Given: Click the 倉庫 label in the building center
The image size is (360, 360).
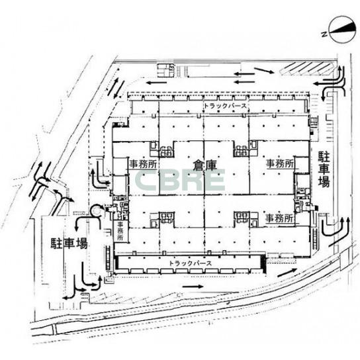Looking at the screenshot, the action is coord(204,165).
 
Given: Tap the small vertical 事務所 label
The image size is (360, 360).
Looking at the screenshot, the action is coord(120,231).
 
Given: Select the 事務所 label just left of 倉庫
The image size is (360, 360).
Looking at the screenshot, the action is coord(143,164).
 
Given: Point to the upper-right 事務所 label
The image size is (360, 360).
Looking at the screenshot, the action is coord(280,164).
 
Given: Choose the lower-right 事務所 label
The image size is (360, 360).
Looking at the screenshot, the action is coord(279,218).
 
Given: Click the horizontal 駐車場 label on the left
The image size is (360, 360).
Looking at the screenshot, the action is coord(69,243).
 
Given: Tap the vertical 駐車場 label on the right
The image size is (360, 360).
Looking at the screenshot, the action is coord(324,169).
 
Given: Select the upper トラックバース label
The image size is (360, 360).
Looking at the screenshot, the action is coord(225,106).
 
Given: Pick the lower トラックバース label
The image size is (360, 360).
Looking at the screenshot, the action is coord(190,263).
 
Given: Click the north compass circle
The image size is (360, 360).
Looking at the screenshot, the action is coord(341,29).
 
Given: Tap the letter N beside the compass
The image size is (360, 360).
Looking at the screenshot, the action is coord(324,34).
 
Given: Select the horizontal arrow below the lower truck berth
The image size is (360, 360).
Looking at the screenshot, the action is coord(193,287).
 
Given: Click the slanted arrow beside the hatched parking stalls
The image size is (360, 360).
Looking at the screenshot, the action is coord(264,70).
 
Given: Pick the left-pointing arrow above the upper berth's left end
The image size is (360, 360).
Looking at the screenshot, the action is coord(157,83).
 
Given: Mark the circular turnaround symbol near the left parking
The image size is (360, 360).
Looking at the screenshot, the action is coord(97,210).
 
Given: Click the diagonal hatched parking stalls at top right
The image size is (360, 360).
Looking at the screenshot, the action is coord(306,68).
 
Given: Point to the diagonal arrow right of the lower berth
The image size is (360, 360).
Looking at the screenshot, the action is coord(287,273).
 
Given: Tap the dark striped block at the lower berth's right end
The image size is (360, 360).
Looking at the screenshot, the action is coord(263,264).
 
